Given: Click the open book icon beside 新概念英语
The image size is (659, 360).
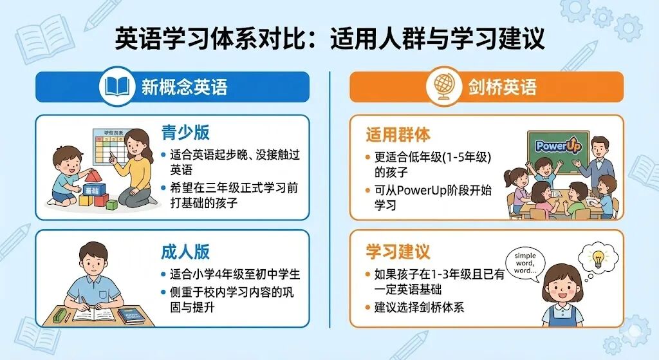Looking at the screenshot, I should pos(116,86).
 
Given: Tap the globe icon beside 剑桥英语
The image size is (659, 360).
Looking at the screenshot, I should pos(444,87).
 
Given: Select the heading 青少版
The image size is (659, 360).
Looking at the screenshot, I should pos(185,133).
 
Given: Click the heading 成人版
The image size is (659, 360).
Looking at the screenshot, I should pos(185,251).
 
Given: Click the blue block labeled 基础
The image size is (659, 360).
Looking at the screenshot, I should pos(92,191).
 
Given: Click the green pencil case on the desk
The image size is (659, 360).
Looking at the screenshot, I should pos(61,315).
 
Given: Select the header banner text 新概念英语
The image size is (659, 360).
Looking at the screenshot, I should pos(185,87).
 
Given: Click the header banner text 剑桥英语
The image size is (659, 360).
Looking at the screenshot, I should pos(502,87).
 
